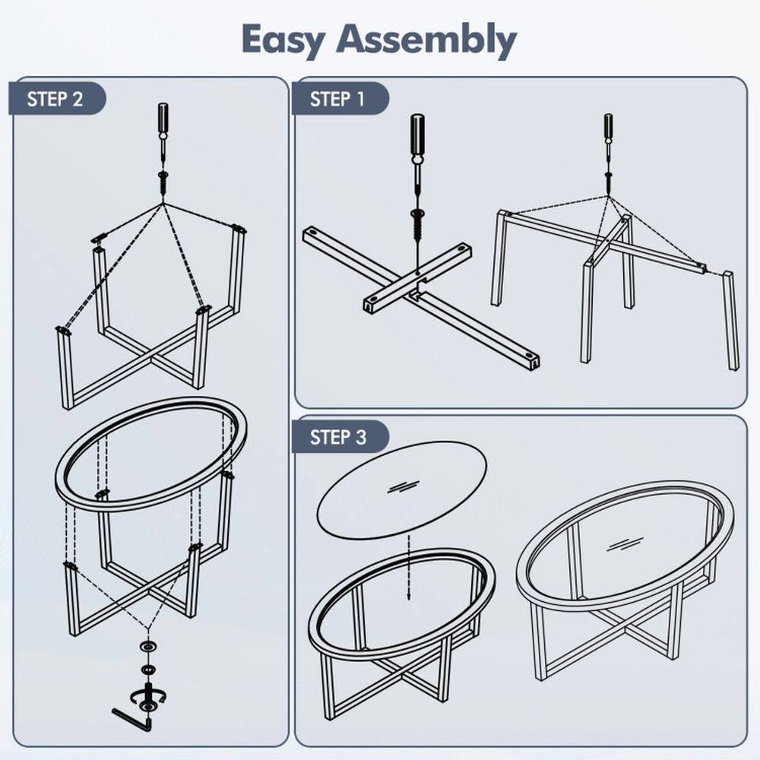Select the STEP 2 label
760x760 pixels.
pos(55,99)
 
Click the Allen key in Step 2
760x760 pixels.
pos(131,717)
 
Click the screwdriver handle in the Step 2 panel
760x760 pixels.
pos(163,119)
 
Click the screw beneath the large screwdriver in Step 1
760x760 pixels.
pos(417,223)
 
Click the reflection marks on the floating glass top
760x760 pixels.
pos(402,486)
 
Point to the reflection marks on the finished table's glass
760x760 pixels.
pos(625,543)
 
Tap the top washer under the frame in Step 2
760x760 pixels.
pos(145,646)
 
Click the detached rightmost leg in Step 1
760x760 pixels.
pos(730,320)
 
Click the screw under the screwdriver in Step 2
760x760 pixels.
pos(163,182)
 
